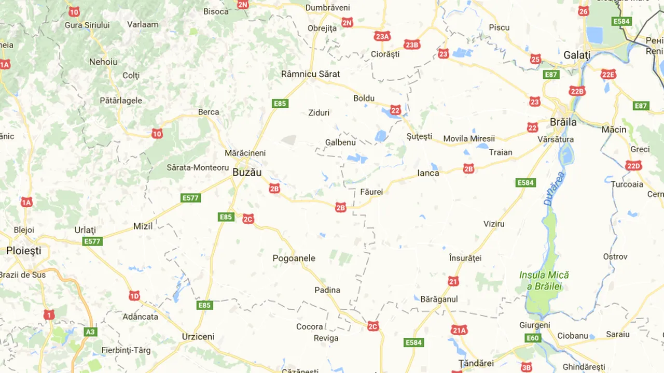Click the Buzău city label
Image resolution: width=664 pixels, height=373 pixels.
pos(247,173)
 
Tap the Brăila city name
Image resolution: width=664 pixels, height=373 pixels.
pos(563,122)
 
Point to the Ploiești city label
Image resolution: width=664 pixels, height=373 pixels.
pos(23,251)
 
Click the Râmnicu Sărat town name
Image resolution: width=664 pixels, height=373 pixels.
pos(310,74)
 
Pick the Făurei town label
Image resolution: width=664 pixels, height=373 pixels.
pos(371,192)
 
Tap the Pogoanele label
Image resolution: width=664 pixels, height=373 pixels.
pos(294,258)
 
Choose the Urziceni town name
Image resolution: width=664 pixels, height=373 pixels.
pos(198,336)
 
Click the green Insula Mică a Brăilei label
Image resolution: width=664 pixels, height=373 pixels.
pos(544,280)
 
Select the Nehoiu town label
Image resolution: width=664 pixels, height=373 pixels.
pos(103,62)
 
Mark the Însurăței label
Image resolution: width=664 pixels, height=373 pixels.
pos(465,257)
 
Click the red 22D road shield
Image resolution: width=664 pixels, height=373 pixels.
pos(633,166)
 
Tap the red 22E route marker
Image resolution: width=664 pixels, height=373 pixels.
pos(608,75)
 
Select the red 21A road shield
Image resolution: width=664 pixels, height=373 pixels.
pos(459,330)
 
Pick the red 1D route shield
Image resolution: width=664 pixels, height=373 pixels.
pos(134,296)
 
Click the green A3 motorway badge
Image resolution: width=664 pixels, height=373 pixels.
pos(91,332)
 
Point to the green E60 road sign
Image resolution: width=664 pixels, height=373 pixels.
pos(533,338)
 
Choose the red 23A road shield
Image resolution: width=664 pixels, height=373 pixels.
pos(382,36)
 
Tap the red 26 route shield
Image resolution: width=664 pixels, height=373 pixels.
pos(584,11)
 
